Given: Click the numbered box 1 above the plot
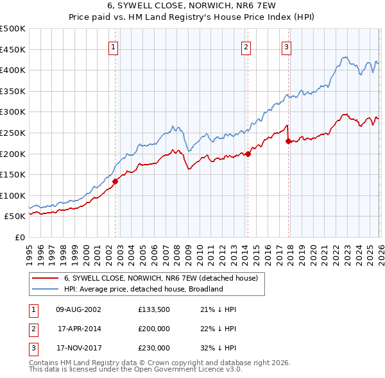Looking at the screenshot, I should click(x=113, y=46).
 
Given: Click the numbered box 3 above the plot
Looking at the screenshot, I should click(x=286, y=46).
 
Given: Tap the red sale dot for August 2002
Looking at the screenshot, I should click(x=116, y=181).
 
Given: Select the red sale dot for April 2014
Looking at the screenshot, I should click(x=248, y=154).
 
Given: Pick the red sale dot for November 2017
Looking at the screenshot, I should click(x=288, y=141).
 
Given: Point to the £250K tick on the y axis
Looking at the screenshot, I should click(x=12, y=133).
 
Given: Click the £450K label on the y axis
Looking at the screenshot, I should click(x=12, y=49).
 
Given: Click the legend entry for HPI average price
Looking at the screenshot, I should click(x=142, y=289).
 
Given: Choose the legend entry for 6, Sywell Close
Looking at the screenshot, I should click(x=160, y=278).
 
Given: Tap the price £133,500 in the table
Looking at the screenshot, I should click(x=154, y=309).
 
